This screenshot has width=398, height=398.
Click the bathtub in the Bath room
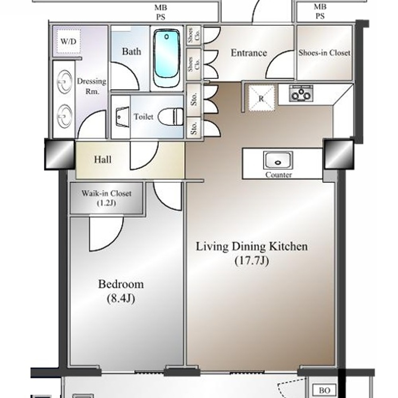click(x=167, y=58)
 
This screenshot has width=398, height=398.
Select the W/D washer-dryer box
click(x=68, y=41)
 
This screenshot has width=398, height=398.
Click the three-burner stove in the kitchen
click(x=301, y=94)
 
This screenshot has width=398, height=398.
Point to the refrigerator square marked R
click(x=261, y=98)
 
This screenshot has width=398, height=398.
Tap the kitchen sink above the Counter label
click(x=278, y=160)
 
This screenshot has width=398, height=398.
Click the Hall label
click(x=103, y=160)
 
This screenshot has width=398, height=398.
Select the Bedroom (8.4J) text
click(x=121, y=291)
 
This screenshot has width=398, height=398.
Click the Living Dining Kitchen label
click(x=252, y=246)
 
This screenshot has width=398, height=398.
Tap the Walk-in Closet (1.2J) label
click(x=106, y=198)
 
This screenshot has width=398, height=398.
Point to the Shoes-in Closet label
click(x=324, y=53)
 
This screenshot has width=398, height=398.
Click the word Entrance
click(x=249, y=53)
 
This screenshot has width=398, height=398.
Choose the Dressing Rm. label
click(x=92, y=86)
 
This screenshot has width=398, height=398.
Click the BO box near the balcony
click(x=324, y=390)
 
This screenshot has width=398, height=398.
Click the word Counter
click(x=279, y=175)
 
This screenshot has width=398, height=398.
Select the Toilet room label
click(x=143, y=117)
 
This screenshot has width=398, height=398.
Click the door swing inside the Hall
click(x=144, y=155)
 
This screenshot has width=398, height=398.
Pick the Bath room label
click(x=131, y=51)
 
